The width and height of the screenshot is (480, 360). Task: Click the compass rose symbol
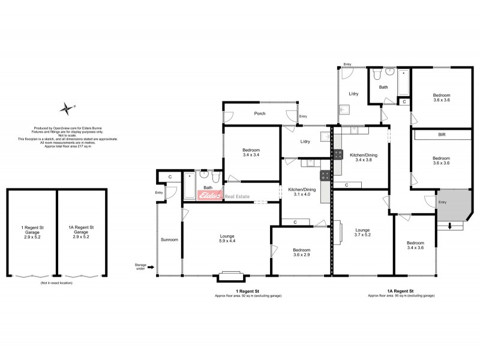tap(65, 109)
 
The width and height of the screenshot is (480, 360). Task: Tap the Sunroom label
tap(169, 239)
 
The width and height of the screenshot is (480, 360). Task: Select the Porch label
tap(260, 113)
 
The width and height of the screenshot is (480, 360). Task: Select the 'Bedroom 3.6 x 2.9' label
tap(301, 252)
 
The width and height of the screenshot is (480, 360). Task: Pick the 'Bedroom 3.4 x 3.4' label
tap(251, 152)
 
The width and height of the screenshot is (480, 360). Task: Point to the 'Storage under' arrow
tap(150, 267)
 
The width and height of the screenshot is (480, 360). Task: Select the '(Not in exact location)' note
tap(56, 282)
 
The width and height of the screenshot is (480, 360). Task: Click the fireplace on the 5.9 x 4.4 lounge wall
tap(228, 276)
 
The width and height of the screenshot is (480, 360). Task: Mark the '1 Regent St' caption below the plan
tap(248, 291)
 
